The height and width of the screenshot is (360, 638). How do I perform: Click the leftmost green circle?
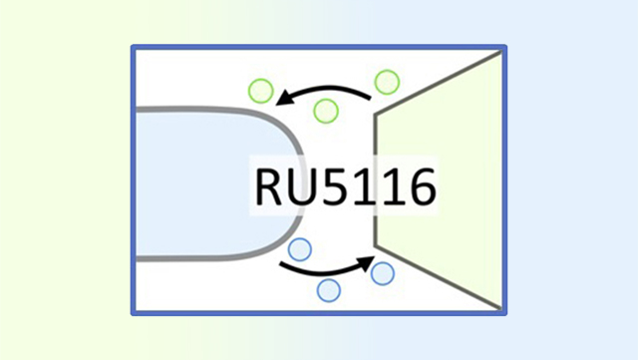[x=261, y=91]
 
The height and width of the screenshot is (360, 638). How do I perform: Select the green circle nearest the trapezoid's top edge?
[x=386, y=81]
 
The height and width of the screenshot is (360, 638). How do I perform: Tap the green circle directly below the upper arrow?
[x=325, y=110]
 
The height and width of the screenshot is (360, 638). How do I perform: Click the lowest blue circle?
[x=328, y=290]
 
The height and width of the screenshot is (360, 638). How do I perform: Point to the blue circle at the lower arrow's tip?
[x=383, y=271]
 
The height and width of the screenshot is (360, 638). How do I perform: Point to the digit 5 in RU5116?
[x=340, y=186]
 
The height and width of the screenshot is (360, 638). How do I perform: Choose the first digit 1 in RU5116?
[x=367, y=186]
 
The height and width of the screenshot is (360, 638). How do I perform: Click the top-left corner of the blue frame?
[x=134, y=48]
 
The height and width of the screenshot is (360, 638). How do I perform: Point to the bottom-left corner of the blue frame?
[x=134, y=313]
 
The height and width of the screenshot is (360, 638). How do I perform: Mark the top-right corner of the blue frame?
[x=501, y=48]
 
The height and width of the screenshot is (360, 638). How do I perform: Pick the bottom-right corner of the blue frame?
[x=501, y=313]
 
